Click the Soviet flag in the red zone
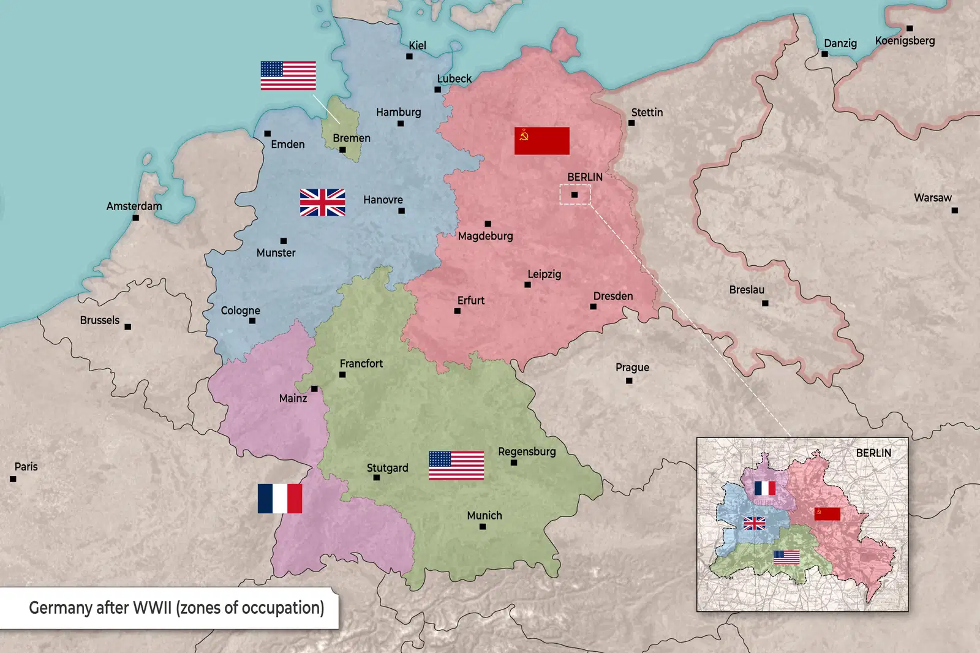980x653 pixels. (x=541, y=141)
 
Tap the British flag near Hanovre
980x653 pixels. (x=322, y=202)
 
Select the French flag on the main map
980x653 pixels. (x=280, y=498)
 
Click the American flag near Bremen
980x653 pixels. (x=288, y=75)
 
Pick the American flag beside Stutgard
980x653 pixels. (x=456, y=466)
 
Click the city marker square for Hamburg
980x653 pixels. (x=401, y=124)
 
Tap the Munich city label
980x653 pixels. (x=484, y=515)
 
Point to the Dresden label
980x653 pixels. (x=612, y=296)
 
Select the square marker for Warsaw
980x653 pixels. (x=954, y=210)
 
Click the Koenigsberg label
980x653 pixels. (x=905, y=40)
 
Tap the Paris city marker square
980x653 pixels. (x=13, y=479)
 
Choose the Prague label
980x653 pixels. (x=632, y=367)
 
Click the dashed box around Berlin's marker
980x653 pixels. (x=575, y=195)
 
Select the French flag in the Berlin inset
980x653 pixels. (x=764, y=488)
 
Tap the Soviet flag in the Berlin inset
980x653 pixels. (x=827, y=514)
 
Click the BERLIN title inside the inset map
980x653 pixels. (x=873, y=453)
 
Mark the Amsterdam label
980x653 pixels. (x=134, y=206)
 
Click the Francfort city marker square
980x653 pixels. (x=342, y=375)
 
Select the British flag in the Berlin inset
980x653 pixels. (x=755, y=523)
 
